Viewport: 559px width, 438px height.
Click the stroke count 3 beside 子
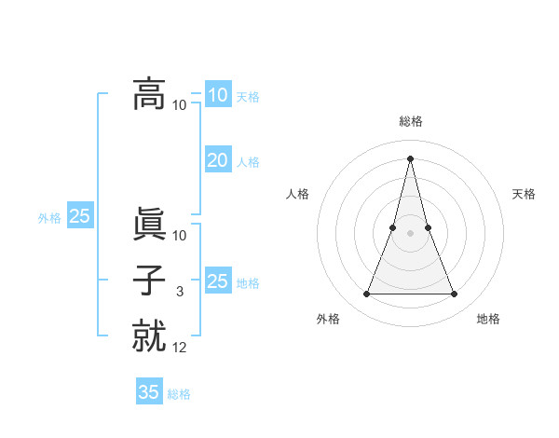[180, 292]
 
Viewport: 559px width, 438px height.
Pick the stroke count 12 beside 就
[180, 347]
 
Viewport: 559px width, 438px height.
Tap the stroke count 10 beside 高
[180, 104]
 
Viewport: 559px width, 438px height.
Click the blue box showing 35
[149, 392]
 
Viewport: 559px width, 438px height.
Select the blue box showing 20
[217, 160]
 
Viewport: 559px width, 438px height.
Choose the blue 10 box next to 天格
[217, 95]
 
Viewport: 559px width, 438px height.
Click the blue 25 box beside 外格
[80, 216]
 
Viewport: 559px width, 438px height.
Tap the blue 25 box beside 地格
[217, 281]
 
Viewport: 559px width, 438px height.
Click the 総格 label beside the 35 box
[179, 394]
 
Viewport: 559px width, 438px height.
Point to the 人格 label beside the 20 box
[248, 162]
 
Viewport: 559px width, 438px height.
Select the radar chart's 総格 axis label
[411, 121]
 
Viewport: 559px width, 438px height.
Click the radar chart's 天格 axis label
[525, 194]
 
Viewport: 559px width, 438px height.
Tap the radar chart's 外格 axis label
[328, 319]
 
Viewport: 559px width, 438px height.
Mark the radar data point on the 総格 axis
[411, 158]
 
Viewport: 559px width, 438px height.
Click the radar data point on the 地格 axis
[455, 294]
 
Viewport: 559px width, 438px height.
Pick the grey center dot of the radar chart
[411, 233]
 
